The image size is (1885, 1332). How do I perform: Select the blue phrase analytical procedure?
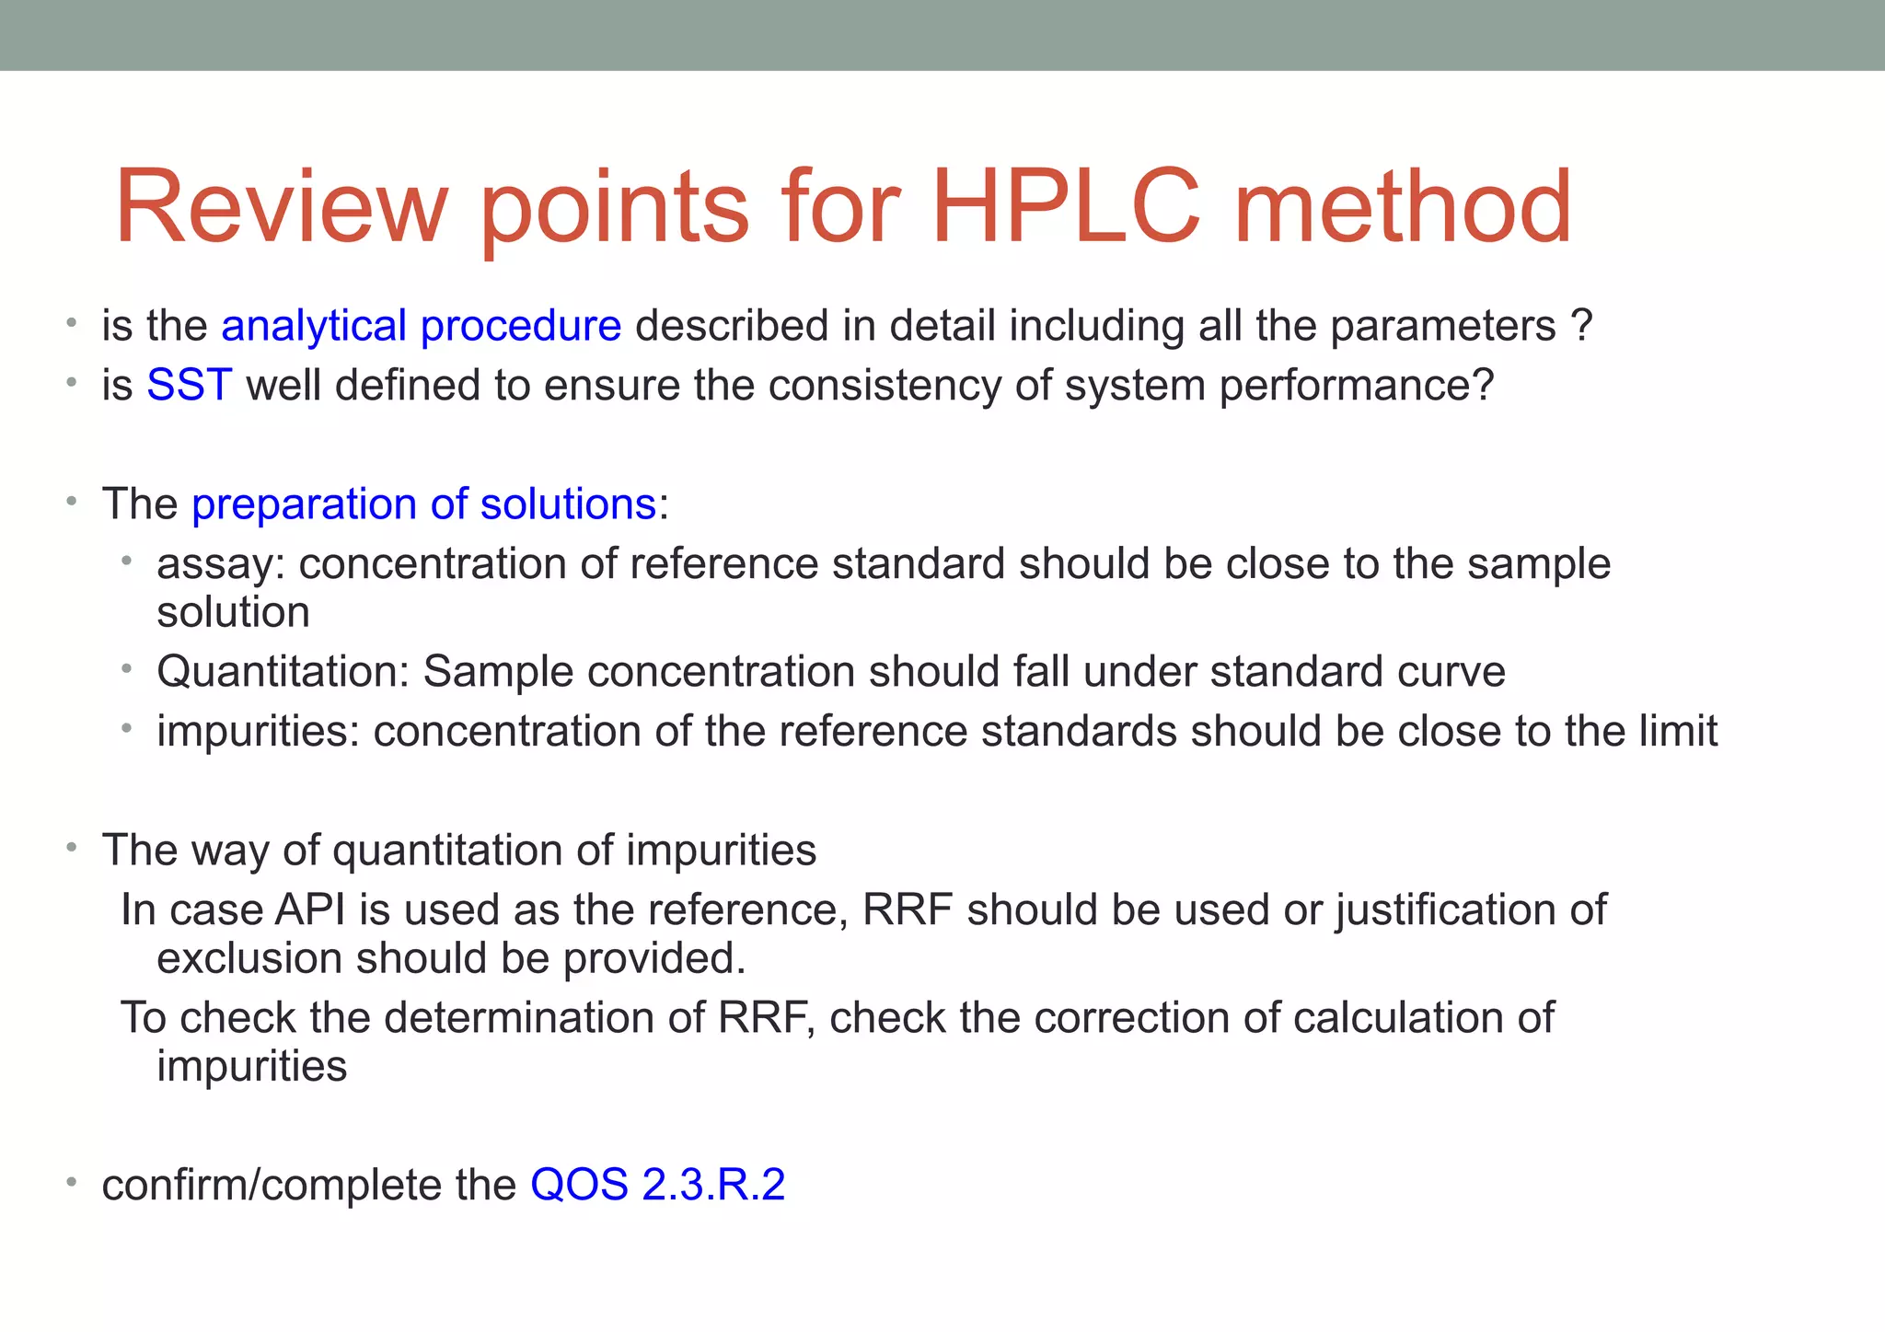click(422, 326)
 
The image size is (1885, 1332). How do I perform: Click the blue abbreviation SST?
click(189, 385)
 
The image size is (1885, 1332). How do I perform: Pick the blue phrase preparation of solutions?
click(423, 504)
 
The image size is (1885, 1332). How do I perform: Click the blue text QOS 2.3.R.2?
click(657, 1184)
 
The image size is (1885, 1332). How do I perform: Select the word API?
click(310, 909)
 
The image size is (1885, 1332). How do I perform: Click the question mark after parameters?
click(1581, 326)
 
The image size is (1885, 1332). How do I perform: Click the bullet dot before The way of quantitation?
click(71, 848)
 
